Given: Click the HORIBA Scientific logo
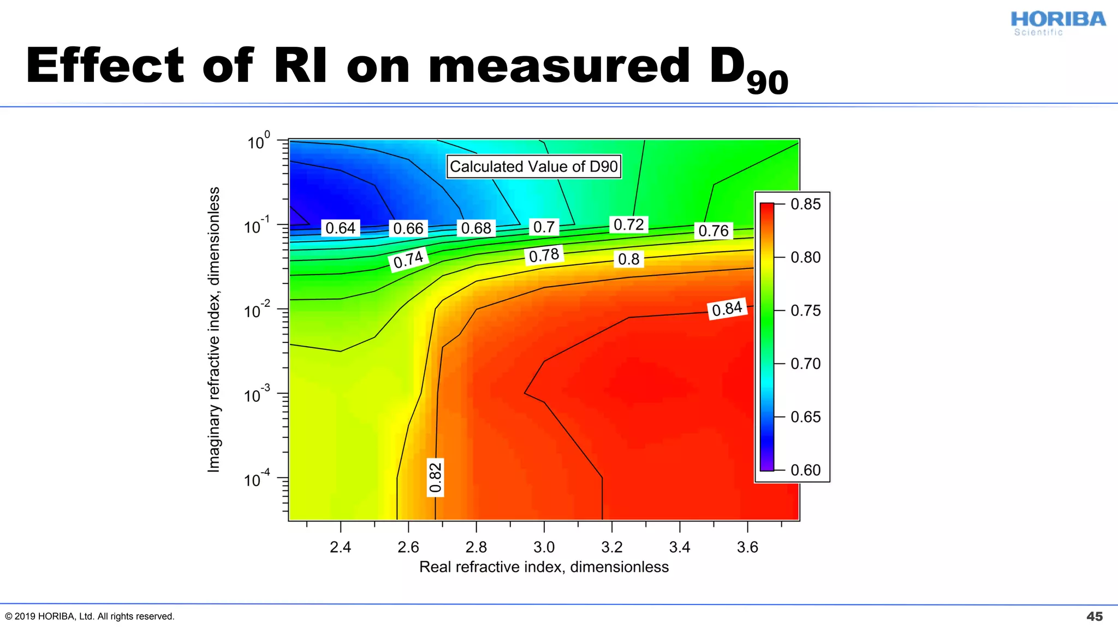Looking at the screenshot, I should pos(1057,23).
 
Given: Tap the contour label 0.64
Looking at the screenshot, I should pos(340,228).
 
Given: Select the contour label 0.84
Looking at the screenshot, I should pos(727,309).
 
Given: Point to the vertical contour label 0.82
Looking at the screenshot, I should pos(435,477).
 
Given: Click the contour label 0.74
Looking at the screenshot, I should pos(408,259).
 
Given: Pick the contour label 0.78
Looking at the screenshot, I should pos(544,255).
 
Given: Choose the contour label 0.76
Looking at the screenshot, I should pos(713,231).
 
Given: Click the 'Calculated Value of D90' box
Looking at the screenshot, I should pos(533,167).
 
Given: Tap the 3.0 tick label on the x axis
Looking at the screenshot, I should pos(544,547).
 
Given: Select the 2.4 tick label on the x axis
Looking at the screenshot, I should pos(340,547).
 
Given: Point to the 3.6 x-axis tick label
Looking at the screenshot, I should pos(747,547).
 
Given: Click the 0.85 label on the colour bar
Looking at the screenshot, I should pos(805,204).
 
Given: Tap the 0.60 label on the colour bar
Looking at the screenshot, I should pos(805,470).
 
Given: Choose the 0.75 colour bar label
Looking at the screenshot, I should pos(805,310).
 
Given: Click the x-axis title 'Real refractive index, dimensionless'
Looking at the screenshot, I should pos(544,567).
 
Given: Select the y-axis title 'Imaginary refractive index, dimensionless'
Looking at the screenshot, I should pos(213,330).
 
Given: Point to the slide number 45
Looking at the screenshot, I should pos(1095,616).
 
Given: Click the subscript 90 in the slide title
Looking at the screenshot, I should pos(767,84).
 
